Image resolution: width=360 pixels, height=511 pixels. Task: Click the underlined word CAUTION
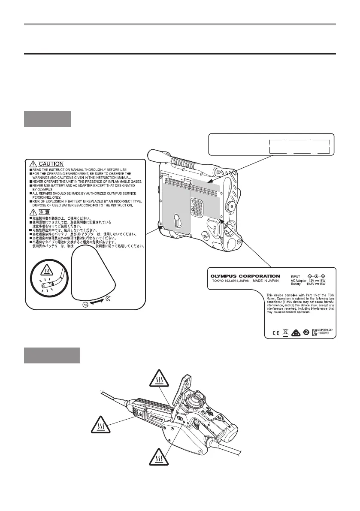[51, 163]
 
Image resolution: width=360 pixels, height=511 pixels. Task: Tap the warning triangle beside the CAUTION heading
[33, 163]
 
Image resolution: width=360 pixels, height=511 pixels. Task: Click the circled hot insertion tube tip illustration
[49, 282]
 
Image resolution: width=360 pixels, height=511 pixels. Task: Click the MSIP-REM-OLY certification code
[325, 331]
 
